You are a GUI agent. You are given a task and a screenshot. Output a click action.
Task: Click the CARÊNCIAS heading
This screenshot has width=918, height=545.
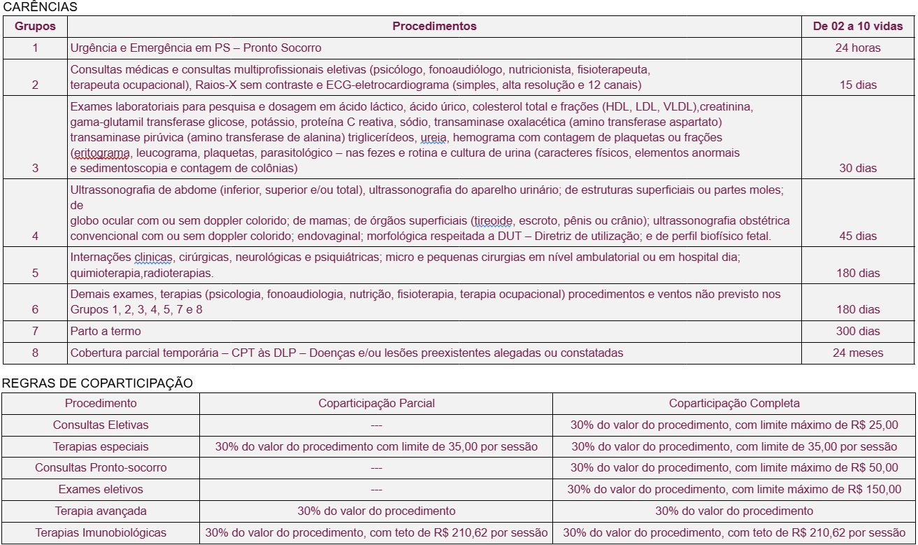click(41, 7)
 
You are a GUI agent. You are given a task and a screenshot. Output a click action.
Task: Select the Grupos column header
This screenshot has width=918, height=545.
click(35, 27)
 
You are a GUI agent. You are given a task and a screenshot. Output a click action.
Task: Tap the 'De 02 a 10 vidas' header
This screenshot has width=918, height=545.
click(857, 27)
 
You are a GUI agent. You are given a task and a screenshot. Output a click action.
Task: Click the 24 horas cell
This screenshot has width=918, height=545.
click(857, 48)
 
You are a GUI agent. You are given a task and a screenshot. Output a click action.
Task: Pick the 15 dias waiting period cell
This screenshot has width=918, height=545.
click(857, 85)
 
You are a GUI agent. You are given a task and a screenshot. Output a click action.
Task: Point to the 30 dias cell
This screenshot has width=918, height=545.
click(857, 169)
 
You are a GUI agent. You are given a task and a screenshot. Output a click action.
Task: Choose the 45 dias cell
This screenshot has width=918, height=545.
click(857, 236)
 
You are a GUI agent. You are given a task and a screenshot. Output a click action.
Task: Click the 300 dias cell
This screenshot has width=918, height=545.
click(857, 331)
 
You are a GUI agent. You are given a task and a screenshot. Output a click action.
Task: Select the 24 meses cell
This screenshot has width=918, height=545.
click(857, 353)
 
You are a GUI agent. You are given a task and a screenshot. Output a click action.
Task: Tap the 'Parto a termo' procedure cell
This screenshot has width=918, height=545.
click(106, 331)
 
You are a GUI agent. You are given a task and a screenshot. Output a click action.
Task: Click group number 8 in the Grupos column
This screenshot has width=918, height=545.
click(35, 353)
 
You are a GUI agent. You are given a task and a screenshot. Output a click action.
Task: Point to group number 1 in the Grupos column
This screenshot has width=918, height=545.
click(35, 48)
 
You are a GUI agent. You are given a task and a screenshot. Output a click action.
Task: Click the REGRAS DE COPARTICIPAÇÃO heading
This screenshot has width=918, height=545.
click(97, 383)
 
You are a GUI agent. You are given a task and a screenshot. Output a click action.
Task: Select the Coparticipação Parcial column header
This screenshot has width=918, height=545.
click(376, 404)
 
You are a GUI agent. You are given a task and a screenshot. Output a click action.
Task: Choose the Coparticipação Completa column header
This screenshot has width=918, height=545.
click(734, 404)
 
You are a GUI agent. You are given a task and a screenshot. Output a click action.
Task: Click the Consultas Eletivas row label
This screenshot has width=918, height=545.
click(101, 425)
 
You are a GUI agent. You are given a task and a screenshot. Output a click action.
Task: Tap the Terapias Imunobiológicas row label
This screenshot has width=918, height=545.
click(101, 533)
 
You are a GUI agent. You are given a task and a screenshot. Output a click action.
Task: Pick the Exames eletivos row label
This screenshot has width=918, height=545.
click(101, 490)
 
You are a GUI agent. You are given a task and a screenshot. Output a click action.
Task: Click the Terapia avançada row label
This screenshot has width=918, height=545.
click(101, 511)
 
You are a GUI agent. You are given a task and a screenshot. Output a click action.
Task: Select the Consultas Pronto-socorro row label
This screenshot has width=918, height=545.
click(101, 468)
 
